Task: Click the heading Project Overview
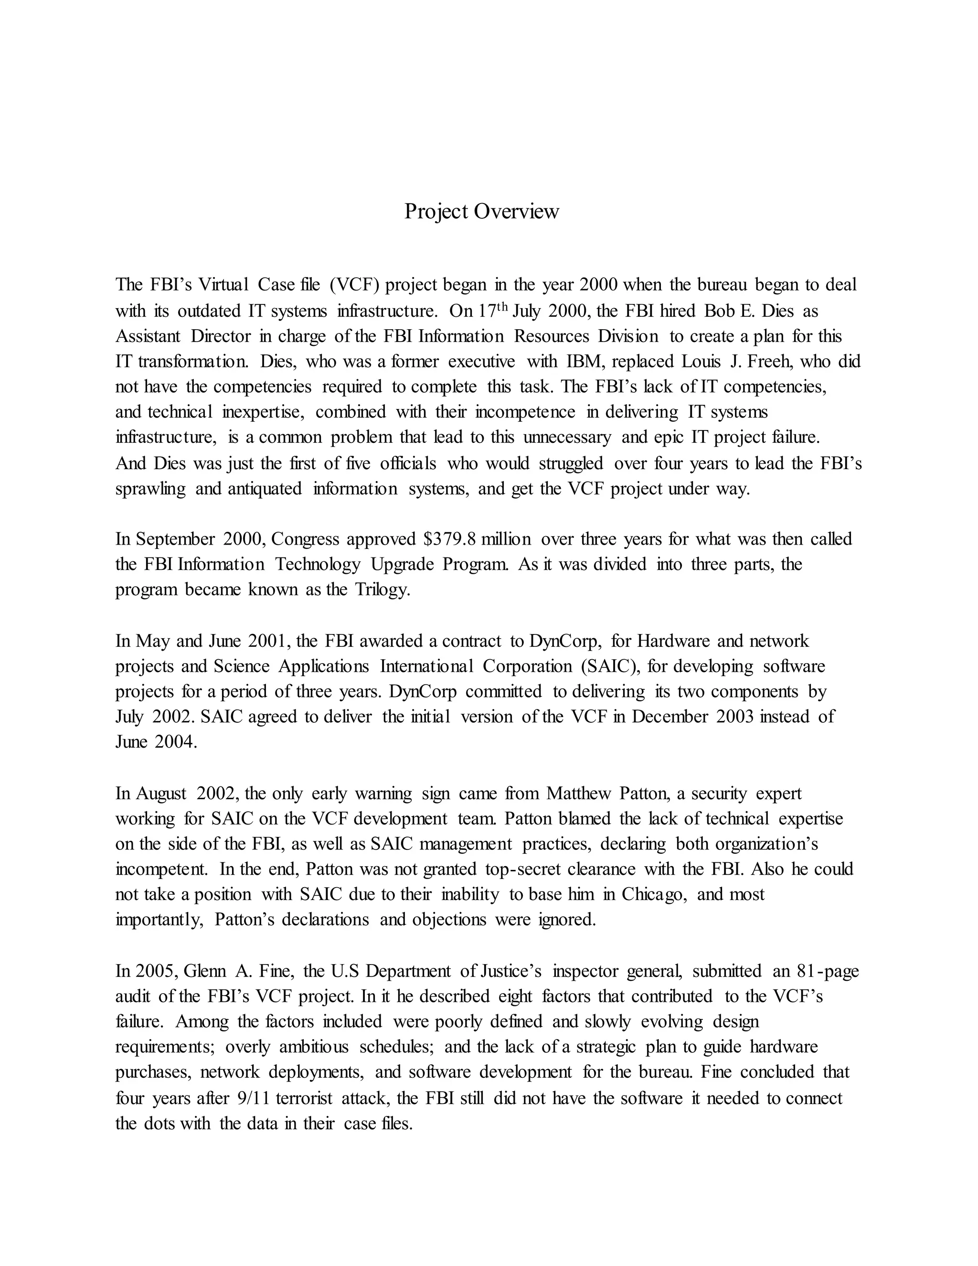click(x=481, y=212)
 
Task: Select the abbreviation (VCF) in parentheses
click(x=355, y=285)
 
